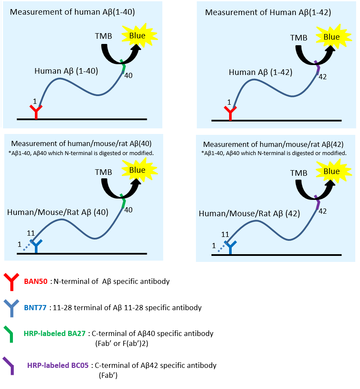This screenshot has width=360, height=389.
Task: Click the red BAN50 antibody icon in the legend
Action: tap(11, 282)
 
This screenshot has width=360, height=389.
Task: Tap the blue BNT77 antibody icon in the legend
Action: tap(11, 308)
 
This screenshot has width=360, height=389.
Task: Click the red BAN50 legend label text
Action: tap(36, 281)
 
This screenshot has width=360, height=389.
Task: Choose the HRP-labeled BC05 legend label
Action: tap(58, 365)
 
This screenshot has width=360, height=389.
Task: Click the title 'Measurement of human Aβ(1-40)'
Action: tap(72, 12)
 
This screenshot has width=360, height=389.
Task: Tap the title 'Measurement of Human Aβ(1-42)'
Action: tap(268, 12)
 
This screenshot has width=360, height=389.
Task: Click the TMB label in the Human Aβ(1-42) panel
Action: tap(299, 38)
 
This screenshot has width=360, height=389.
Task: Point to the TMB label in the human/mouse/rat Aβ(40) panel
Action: tap(103, 172)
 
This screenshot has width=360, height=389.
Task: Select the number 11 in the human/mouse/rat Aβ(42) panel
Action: tap(225, 234)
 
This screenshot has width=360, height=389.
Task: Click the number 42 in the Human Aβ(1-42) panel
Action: tap(323, 77)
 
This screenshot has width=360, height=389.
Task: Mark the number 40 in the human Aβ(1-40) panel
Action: tap(128, 75)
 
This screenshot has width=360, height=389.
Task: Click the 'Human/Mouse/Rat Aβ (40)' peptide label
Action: tap(58, 212)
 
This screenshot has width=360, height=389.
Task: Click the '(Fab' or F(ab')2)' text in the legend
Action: tap(122, 344)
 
